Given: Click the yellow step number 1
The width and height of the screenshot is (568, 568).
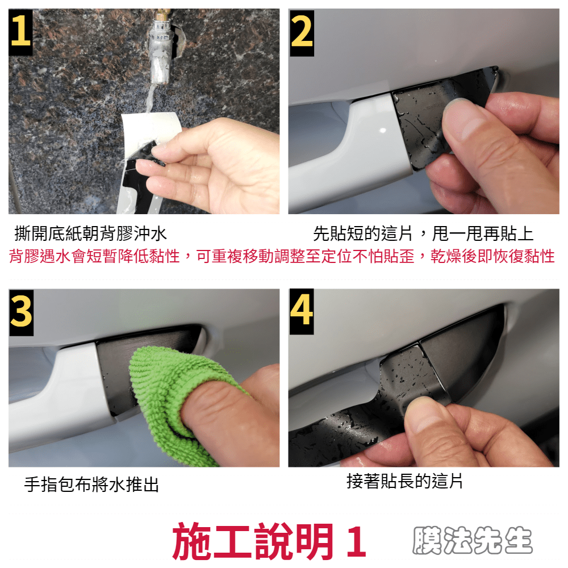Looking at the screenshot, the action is [x=20, y=32].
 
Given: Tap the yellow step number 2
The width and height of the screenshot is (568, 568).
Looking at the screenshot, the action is [x=302, y=32].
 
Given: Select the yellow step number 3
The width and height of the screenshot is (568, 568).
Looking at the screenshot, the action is [x=22, y=311].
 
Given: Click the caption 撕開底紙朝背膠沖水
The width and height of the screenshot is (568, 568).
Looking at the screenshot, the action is [x=90, y=233].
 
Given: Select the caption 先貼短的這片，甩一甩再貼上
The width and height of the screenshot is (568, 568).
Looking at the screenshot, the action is [x=423, y=233].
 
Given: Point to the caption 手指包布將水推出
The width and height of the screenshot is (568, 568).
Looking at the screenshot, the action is [x=91, y=485].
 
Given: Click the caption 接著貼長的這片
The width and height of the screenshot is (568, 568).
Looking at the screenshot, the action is [x=404, y=482].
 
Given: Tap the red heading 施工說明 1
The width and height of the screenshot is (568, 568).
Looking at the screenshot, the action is [x=269, y=541].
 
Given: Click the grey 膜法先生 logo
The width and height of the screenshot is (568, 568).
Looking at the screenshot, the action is [x=473, y=540].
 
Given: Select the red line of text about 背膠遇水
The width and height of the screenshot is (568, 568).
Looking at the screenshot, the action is [x=282, y=256].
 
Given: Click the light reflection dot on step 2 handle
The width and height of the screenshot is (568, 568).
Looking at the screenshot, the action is [x=383, y=130].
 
